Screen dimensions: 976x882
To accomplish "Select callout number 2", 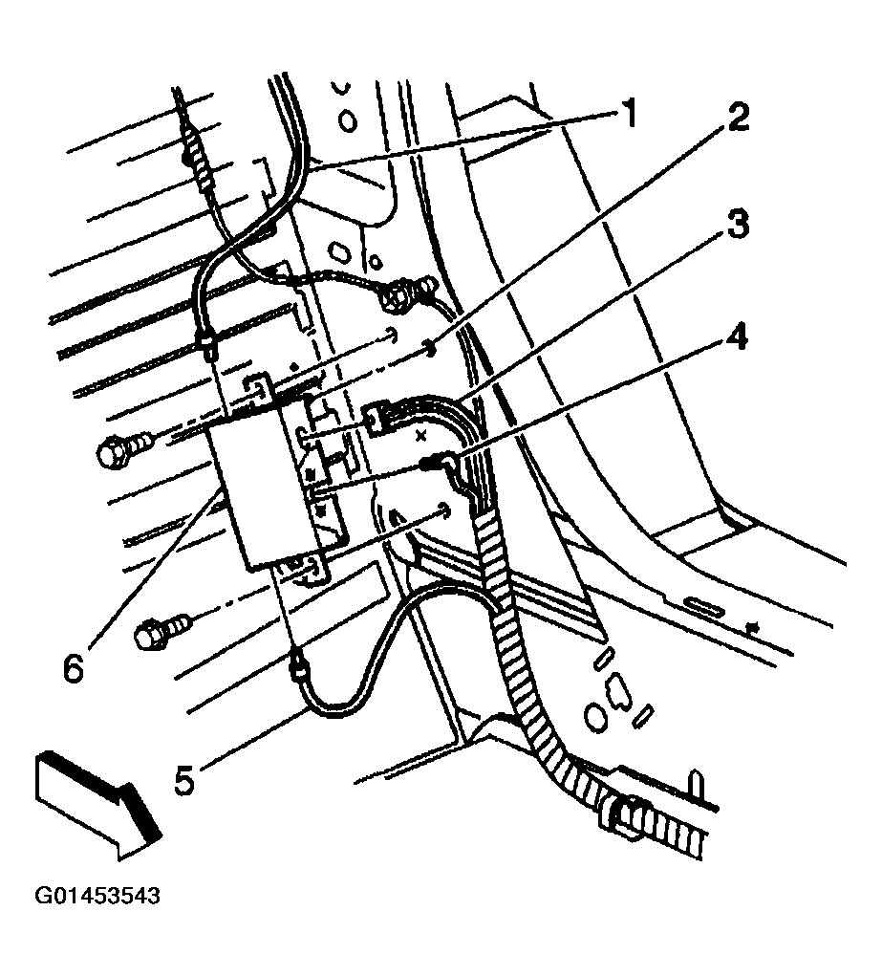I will (x=736, y=119).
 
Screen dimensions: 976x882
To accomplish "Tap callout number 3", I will (x=736, y=227).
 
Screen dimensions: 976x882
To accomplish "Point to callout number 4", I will (x=737, y=339).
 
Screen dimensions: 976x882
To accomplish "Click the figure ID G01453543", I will (x=97, y=897).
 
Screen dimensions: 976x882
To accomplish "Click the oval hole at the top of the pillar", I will (x=348, y=122).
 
